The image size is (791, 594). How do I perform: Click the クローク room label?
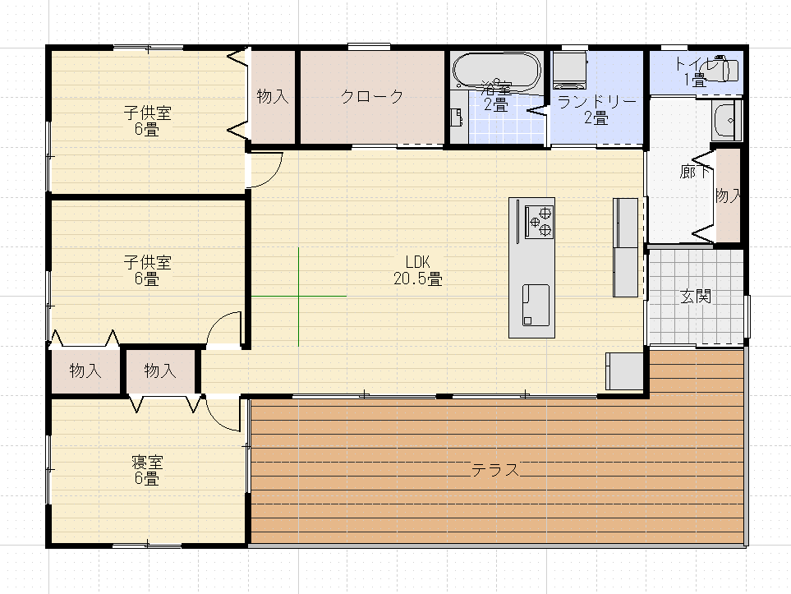372,96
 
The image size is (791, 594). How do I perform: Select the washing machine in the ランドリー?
568,70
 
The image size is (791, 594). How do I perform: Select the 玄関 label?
696,297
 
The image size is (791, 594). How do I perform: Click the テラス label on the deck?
495,470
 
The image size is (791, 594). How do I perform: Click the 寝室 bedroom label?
146,462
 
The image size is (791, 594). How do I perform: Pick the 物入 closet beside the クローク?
273,96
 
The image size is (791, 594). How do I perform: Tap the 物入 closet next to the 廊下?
728,196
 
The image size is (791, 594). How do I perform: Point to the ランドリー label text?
596,101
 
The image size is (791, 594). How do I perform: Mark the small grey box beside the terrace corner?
624,371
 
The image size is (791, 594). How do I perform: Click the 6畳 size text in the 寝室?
146,478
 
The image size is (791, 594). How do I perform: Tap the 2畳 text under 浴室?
495,104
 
